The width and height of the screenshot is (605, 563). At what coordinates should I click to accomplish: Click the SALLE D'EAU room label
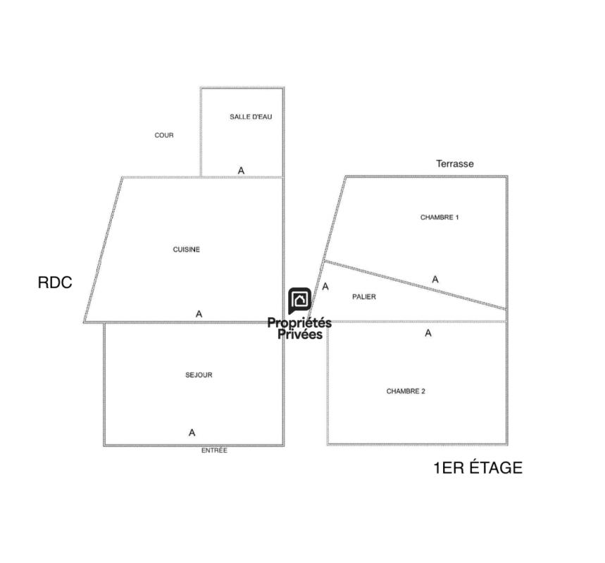251,117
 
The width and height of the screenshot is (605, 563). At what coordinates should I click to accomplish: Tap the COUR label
164,135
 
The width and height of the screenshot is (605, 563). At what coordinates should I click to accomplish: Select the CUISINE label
187,250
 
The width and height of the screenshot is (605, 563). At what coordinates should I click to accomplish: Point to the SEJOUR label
199,375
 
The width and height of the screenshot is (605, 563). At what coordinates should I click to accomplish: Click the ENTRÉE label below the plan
214,450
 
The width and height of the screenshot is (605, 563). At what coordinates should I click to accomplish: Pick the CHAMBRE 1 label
439,217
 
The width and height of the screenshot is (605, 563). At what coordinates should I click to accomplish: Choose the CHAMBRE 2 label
406,391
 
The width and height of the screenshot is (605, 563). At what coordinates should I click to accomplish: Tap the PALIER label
364,296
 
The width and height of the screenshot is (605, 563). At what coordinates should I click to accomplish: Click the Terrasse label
455,163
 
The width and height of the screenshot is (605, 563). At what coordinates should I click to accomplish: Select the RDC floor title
55,282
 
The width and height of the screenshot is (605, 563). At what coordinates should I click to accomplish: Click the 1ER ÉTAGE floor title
478,468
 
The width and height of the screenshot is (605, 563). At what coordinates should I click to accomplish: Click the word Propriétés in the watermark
299,323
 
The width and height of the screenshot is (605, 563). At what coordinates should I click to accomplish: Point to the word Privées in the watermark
300,334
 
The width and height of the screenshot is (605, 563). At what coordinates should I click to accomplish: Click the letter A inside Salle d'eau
241,170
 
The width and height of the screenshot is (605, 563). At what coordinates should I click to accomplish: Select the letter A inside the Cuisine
199,314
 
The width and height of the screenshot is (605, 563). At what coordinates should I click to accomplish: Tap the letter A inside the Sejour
192,433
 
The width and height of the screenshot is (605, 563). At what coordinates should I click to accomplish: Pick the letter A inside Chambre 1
435,279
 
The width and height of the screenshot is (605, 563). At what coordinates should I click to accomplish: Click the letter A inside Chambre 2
428,333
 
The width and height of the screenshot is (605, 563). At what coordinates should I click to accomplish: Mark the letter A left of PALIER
325,286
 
